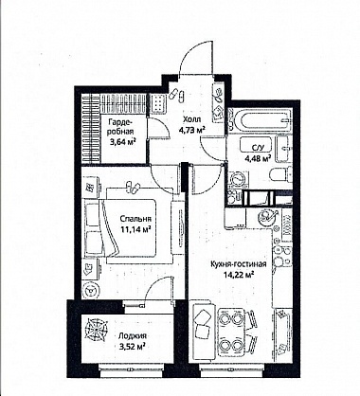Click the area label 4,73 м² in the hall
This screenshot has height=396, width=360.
191,130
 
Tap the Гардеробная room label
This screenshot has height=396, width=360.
121,127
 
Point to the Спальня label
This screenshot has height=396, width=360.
135,219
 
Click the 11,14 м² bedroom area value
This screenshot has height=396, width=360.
135,229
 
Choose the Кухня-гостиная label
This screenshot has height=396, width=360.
239,264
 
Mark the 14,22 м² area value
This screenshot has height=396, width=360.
239,275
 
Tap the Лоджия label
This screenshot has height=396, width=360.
133,336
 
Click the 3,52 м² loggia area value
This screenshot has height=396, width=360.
132,347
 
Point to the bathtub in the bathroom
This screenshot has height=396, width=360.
261,120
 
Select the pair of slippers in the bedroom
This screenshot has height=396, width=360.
133,188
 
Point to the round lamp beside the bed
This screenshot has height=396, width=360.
91,289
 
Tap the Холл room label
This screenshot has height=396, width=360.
191,119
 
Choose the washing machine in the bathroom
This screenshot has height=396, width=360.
236,180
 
